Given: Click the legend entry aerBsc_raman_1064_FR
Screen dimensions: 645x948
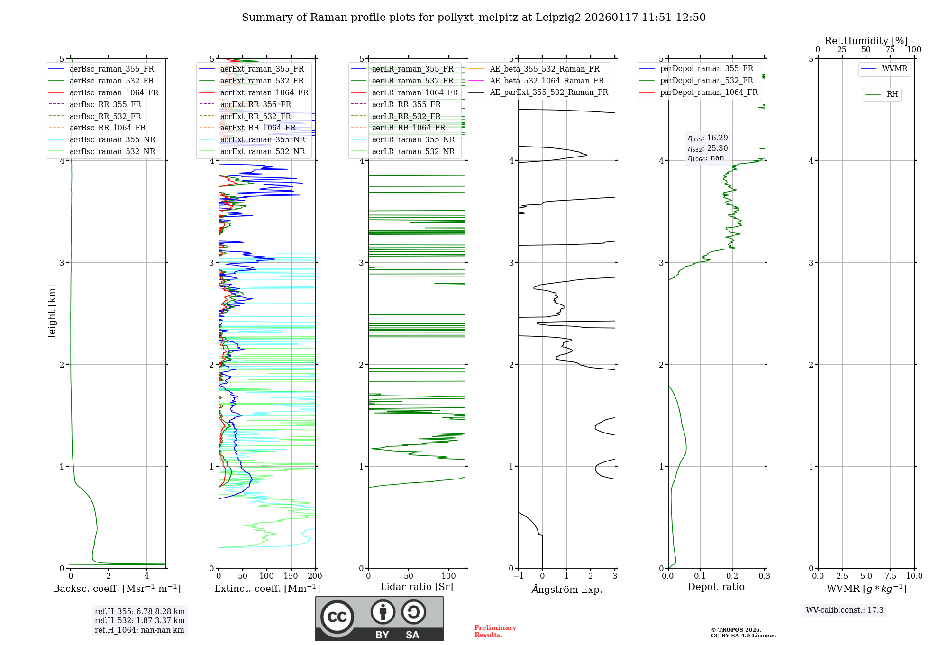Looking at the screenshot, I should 114,92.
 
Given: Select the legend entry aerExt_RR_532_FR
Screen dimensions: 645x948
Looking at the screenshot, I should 255,116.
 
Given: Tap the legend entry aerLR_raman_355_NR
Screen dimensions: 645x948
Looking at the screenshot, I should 413,139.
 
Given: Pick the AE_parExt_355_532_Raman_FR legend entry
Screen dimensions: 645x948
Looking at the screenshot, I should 548,92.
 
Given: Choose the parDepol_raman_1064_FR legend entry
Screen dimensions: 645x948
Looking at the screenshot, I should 709,92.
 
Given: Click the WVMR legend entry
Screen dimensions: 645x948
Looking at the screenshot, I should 894,69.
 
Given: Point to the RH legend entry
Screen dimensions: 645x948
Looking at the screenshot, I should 892,94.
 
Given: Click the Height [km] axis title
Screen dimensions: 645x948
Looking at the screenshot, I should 52,313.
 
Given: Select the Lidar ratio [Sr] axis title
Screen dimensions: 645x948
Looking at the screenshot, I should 416,587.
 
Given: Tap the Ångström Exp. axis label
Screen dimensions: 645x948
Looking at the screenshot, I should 566,589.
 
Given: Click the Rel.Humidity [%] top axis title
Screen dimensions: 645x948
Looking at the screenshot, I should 866,41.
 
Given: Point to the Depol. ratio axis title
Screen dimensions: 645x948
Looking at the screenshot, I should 716,587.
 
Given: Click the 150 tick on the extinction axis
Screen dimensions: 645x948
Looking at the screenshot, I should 291,576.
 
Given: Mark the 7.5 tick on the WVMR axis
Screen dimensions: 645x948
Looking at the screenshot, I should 890,576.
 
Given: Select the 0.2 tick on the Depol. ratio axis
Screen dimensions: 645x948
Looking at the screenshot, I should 732,576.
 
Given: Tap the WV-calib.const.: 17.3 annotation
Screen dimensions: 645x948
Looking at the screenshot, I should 844,610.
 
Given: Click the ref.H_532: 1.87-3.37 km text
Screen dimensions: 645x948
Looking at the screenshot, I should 139,620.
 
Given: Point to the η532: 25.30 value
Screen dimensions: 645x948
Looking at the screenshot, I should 708,148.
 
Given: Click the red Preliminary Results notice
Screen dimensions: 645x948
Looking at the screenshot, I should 495,631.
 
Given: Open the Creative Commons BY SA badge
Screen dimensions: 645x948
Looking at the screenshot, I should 379,618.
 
